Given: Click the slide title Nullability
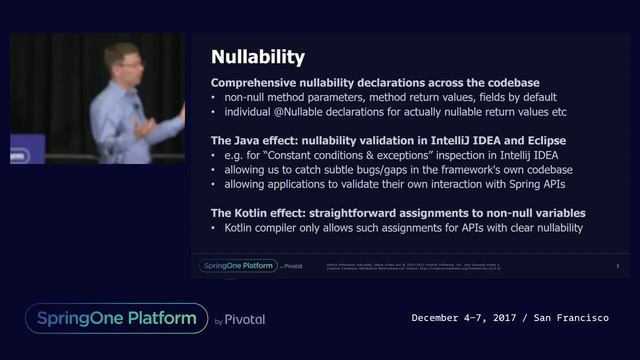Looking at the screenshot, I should point(258,57).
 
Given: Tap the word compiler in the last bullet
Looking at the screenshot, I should point(283,229).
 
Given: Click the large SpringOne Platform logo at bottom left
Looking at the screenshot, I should point(116,318).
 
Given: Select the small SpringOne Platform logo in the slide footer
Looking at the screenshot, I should point(237,265).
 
